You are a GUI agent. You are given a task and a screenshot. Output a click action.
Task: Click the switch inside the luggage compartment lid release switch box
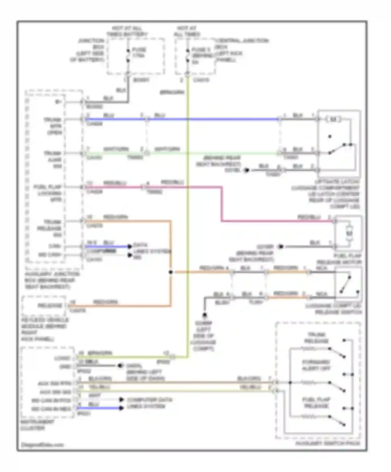(x=346, y=284)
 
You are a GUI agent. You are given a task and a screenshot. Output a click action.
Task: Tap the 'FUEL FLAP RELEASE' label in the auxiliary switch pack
(x=316, y=403)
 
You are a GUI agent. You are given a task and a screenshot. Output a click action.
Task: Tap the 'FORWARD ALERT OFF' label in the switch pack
(x=316, y=365)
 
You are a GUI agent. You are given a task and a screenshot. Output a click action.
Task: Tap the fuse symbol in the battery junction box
(x=128, y=56)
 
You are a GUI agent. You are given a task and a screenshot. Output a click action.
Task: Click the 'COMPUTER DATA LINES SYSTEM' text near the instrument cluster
(x=149, y=403)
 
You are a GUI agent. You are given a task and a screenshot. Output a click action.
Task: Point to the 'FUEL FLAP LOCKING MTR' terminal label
(x=48, y=193)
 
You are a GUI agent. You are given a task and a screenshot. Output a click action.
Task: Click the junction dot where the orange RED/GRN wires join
(x=170, y=272)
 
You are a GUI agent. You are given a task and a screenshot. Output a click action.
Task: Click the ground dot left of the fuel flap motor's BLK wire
(x=280, y=246)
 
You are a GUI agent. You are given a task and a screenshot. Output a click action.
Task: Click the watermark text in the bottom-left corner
(x=42, y=445)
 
